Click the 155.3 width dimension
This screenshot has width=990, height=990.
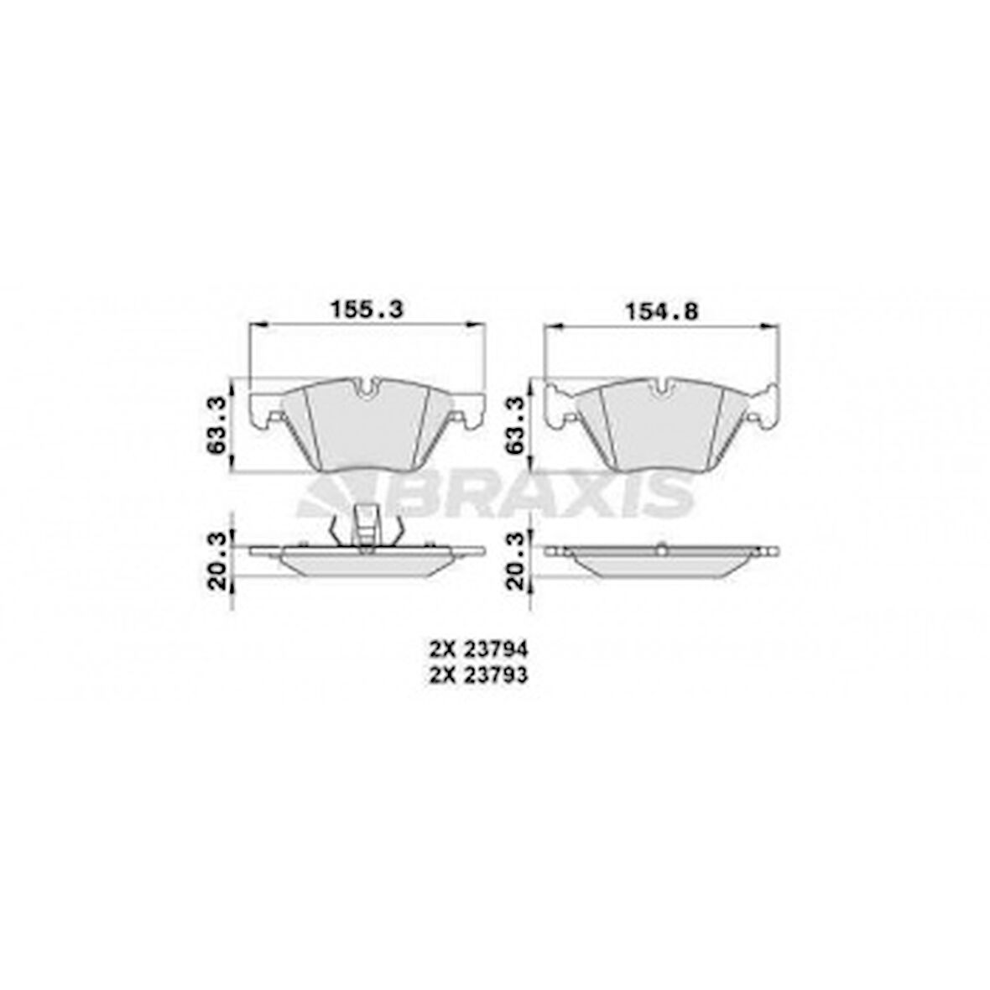367,310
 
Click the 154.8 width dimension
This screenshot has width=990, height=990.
661,310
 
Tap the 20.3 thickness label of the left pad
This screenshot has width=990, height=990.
217,560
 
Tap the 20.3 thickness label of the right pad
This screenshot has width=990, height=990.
517,560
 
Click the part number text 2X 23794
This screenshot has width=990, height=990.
478,649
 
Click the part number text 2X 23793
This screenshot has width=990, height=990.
478,675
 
